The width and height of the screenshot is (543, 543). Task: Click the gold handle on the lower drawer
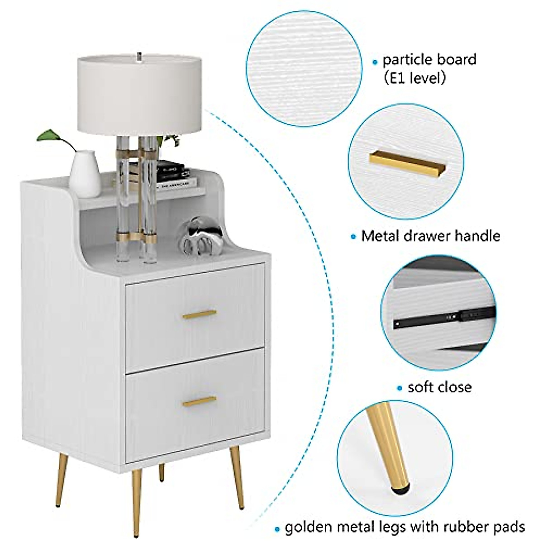[199, 401]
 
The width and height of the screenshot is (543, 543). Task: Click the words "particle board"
[429, 60]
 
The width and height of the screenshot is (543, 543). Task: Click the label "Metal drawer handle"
[430, 236]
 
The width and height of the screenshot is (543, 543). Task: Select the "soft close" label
[439, 387]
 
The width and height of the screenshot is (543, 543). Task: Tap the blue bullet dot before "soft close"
[400, 388]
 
